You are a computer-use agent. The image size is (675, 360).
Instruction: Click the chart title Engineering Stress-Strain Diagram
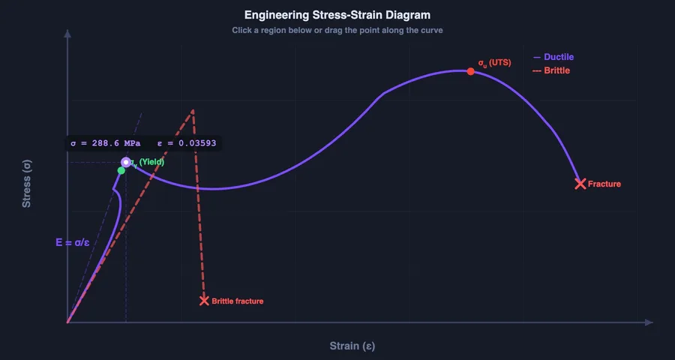(337, 15)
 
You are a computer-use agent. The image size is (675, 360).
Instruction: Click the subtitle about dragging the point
(337, 31)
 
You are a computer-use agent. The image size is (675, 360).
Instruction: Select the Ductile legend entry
(554, 57)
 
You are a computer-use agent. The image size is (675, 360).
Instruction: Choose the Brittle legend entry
(551, 70)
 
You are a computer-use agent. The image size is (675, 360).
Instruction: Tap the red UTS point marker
(470, 71)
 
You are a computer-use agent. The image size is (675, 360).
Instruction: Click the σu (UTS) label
(495, 63)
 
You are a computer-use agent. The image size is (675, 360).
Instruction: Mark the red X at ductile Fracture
(580, 184)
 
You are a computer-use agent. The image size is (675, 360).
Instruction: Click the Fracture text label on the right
(604, 184)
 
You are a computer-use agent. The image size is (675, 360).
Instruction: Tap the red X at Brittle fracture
(204, 301)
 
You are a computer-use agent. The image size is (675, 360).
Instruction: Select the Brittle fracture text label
(238, 301)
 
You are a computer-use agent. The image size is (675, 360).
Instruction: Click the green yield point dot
(121, 170)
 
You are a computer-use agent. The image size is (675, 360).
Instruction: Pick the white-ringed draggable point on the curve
(126, 162)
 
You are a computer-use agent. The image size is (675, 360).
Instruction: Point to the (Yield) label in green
(151, 162)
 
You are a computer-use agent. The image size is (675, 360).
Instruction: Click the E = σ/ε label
(73, 242)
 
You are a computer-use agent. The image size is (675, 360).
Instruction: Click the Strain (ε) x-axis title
(352, 346)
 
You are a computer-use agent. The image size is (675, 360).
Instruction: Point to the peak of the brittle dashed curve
(193, 111)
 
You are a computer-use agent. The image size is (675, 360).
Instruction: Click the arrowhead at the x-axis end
(649, 322)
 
